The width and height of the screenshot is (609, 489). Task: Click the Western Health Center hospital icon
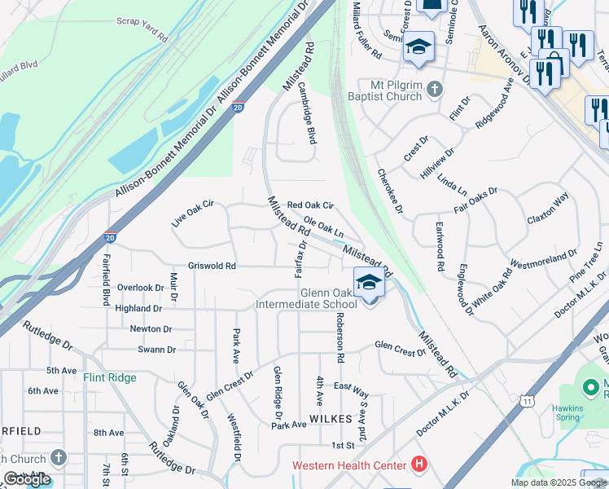tap(419, 465)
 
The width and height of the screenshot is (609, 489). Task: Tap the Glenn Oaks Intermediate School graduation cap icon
tap(369, 283)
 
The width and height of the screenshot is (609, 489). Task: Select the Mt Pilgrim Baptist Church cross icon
tap(435, 89)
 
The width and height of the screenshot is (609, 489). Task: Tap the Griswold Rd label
tap(212, 266)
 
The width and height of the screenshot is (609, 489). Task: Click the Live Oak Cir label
tap(191, 213)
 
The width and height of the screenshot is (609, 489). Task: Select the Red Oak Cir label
tap(310, 205)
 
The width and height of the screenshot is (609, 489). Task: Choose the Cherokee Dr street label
tap(391, 192)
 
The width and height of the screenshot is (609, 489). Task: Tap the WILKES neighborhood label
tap(331, 418)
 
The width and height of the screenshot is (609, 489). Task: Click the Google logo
tap(27, 478)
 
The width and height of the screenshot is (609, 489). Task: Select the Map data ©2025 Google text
tap(558, 482)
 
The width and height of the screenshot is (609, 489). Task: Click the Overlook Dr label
tap(140, 288)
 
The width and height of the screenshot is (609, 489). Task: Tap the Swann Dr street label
tap(157, 350)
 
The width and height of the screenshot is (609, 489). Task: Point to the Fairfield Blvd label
tap(105, 278)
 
